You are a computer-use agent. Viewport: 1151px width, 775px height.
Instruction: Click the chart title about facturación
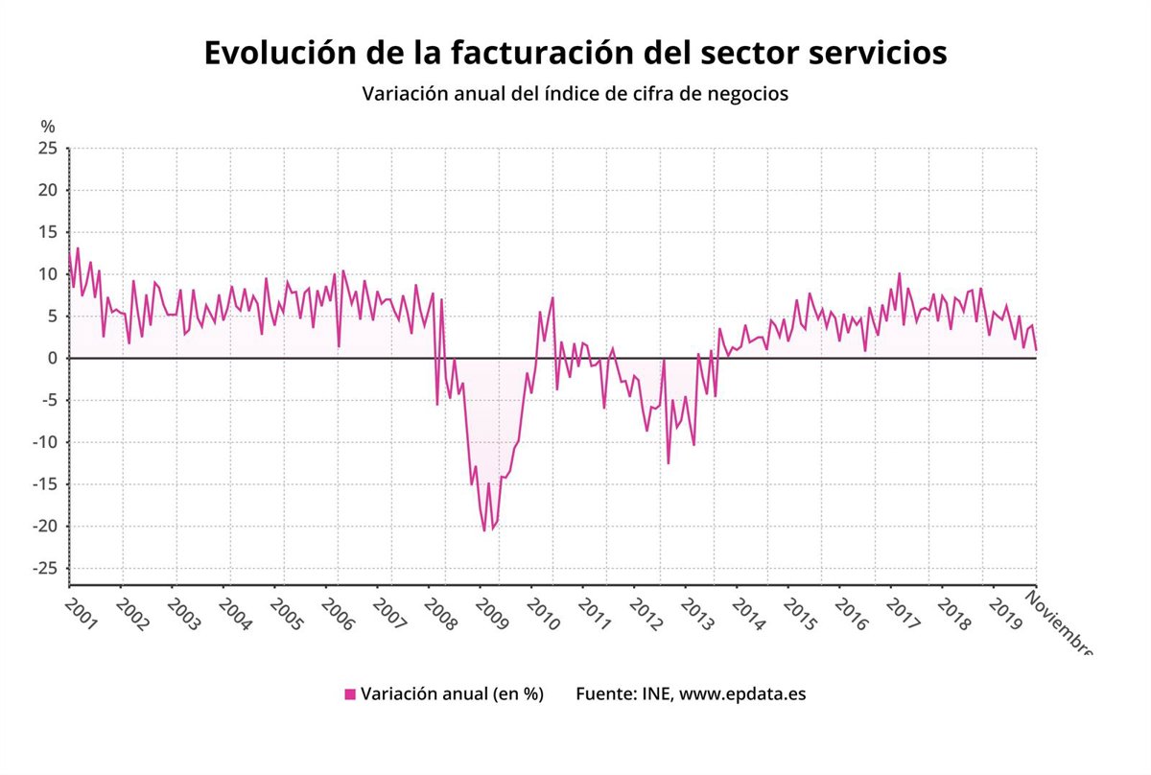(x=575, y=53)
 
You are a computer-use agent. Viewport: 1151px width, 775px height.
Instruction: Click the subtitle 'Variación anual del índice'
(x=575, y=94)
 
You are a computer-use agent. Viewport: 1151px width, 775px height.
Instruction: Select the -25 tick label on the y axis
(x=44, y=569)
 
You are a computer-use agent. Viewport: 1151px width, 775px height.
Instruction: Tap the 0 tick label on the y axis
(x=53, y=358)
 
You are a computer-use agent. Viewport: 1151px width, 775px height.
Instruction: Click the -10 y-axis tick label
(x=44, y=442)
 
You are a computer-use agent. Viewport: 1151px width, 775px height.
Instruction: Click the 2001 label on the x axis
(x=82, y=615)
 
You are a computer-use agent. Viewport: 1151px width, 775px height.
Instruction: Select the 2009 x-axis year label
(x=493, y=615)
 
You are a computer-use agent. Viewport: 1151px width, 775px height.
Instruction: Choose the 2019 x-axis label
(x=1005, y=615)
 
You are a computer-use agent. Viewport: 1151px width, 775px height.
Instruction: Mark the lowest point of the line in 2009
(x=484, y=530)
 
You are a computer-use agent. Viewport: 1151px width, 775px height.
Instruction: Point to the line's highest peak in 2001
(x=78, y=248)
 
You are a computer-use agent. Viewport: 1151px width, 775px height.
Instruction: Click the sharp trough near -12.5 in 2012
(x=669, y=463)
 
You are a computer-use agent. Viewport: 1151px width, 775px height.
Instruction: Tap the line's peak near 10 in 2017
(x=899, y=273)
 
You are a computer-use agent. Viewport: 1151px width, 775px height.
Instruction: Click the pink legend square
(x=350, y=693)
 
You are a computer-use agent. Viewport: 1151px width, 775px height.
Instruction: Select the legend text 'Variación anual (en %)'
(x=452, y=693)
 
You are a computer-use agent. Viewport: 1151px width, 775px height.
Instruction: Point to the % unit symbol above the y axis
(x=48, y=127)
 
